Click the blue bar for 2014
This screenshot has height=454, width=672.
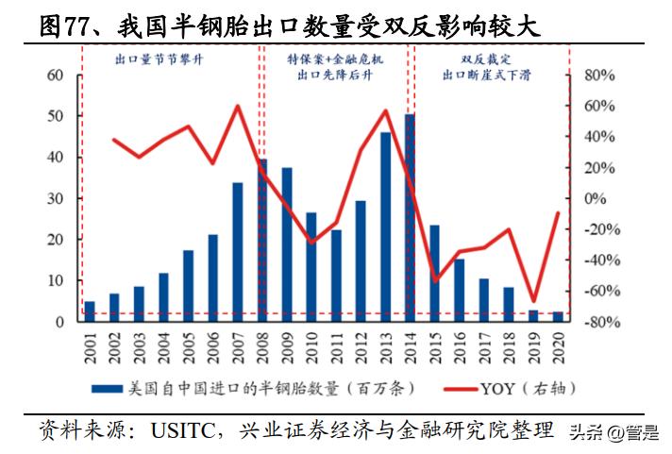tap(410, 217)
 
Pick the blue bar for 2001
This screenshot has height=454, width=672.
tap(90, 311)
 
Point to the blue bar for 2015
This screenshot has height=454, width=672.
tap(434, 273)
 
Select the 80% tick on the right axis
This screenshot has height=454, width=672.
tap(598, 76)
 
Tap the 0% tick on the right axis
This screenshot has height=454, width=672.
tap(594, 198)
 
